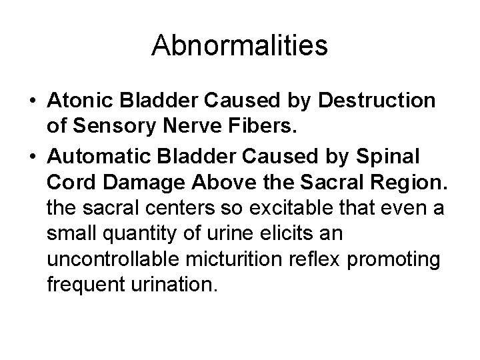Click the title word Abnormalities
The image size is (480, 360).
pyautogui.click(x=240, y=46)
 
